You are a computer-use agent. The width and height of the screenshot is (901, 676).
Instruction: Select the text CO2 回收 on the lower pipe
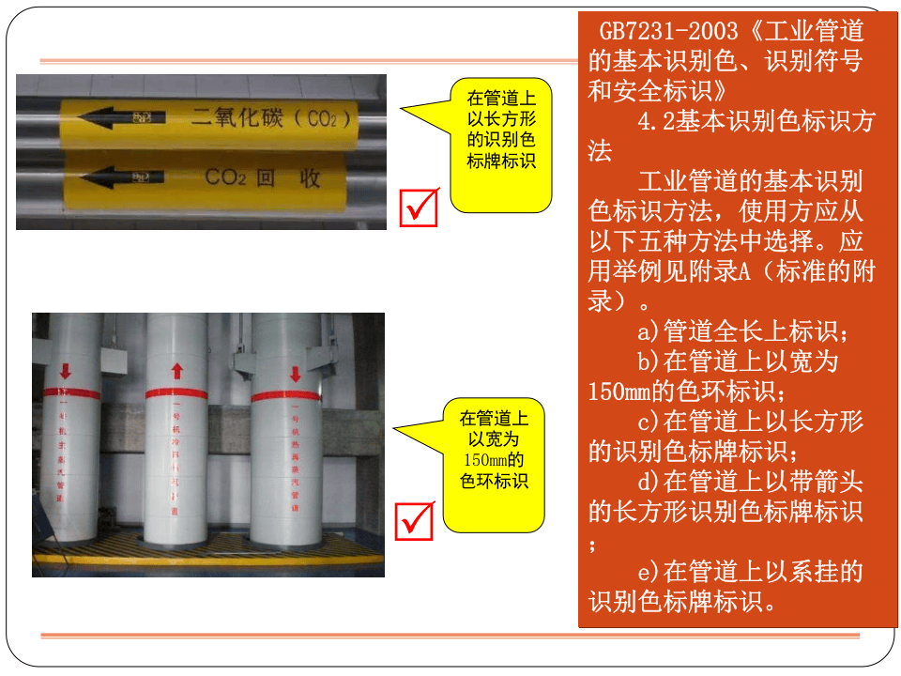262,177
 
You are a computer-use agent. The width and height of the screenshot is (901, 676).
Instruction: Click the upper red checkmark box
419,207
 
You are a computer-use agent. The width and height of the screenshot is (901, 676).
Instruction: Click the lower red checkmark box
415,521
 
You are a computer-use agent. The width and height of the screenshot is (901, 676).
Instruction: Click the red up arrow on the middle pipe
176,372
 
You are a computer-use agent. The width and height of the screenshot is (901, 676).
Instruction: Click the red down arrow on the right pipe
295,374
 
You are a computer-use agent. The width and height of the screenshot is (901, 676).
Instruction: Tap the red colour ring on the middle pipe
176,393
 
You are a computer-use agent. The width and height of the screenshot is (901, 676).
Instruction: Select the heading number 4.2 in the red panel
656,122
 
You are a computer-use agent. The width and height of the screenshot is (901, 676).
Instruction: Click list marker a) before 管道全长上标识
649,332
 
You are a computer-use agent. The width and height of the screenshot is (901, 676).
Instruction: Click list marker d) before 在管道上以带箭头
649,483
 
